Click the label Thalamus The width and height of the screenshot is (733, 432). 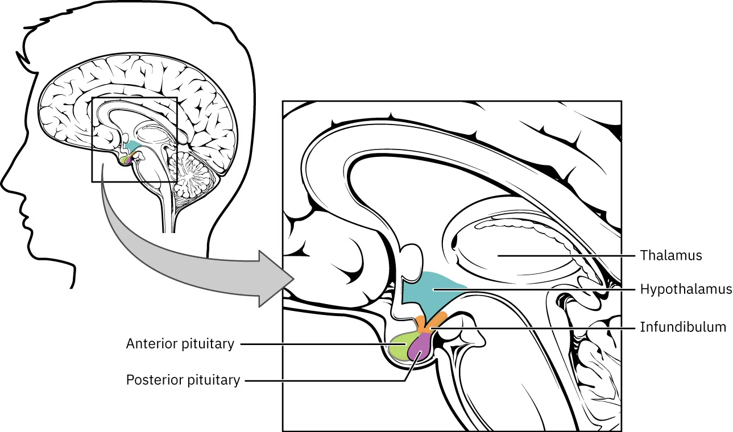(x=671, y=255)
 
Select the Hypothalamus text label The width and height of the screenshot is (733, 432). (x=686, y=289)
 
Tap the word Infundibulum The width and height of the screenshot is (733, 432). (x=683, y=327)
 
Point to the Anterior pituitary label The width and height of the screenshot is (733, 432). (x=180, y=344)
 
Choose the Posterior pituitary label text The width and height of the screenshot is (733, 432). (x=183, y=380)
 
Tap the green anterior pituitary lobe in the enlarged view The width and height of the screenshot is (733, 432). (x=401, y=348)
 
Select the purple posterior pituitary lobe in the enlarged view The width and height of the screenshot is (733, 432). (x=420, y=349)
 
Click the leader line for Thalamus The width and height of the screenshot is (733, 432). (x=569, y=255)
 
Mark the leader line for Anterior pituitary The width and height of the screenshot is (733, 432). (x=318, y=344)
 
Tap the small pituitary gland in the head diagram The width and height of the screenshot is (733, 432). (x=126, y=160)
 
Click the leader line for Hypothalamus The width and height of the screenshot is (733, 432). (x=540, y=289)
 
